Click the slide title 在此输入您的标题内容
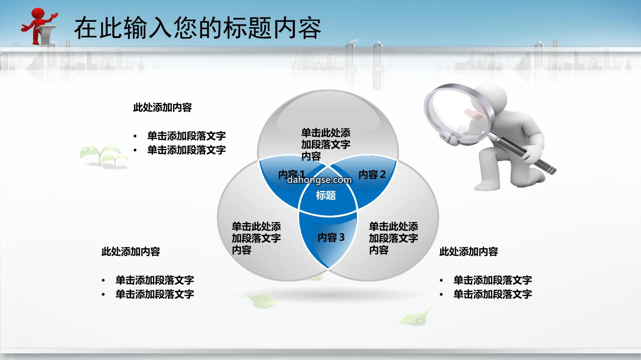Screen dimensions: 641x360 (x=198, y=28)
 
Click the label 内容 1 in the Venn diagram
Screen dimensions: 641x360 (x=291, y=174)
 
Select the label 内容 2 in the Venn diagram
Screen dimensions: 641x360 (x=372, y=174)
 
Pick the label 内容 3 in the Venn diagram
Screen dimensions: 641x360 (x=331, y=237)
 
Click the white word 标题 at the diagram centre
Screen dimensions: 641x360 (x=326, y=196)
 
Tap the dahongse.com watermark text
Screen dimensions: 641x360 (x=319, y=180)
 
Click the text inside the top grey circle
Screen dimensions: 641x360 (x=326, y=144)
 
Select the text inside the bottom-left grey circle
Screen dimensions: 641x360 (x=256, y=238)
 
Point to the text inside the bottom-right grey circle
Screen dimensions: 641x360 (x=394, y=238)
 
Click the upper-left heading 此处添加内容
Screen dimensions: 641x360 (x=162, y=108)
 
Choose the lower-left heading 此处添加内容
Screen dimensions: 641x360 (x=130, y=252)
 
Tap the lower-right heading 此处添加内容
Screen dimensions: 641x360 (x=468, y=252)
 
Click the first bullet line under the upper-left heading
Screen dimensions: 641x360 (x=186, y=136)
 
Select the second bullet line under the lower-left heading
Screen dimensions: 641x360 (x=155, y=294)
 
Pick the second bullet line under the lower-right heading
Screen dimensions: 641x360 (x=492, y=294)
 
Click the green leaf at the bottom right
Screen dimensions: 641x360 (x=416, y=316)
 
